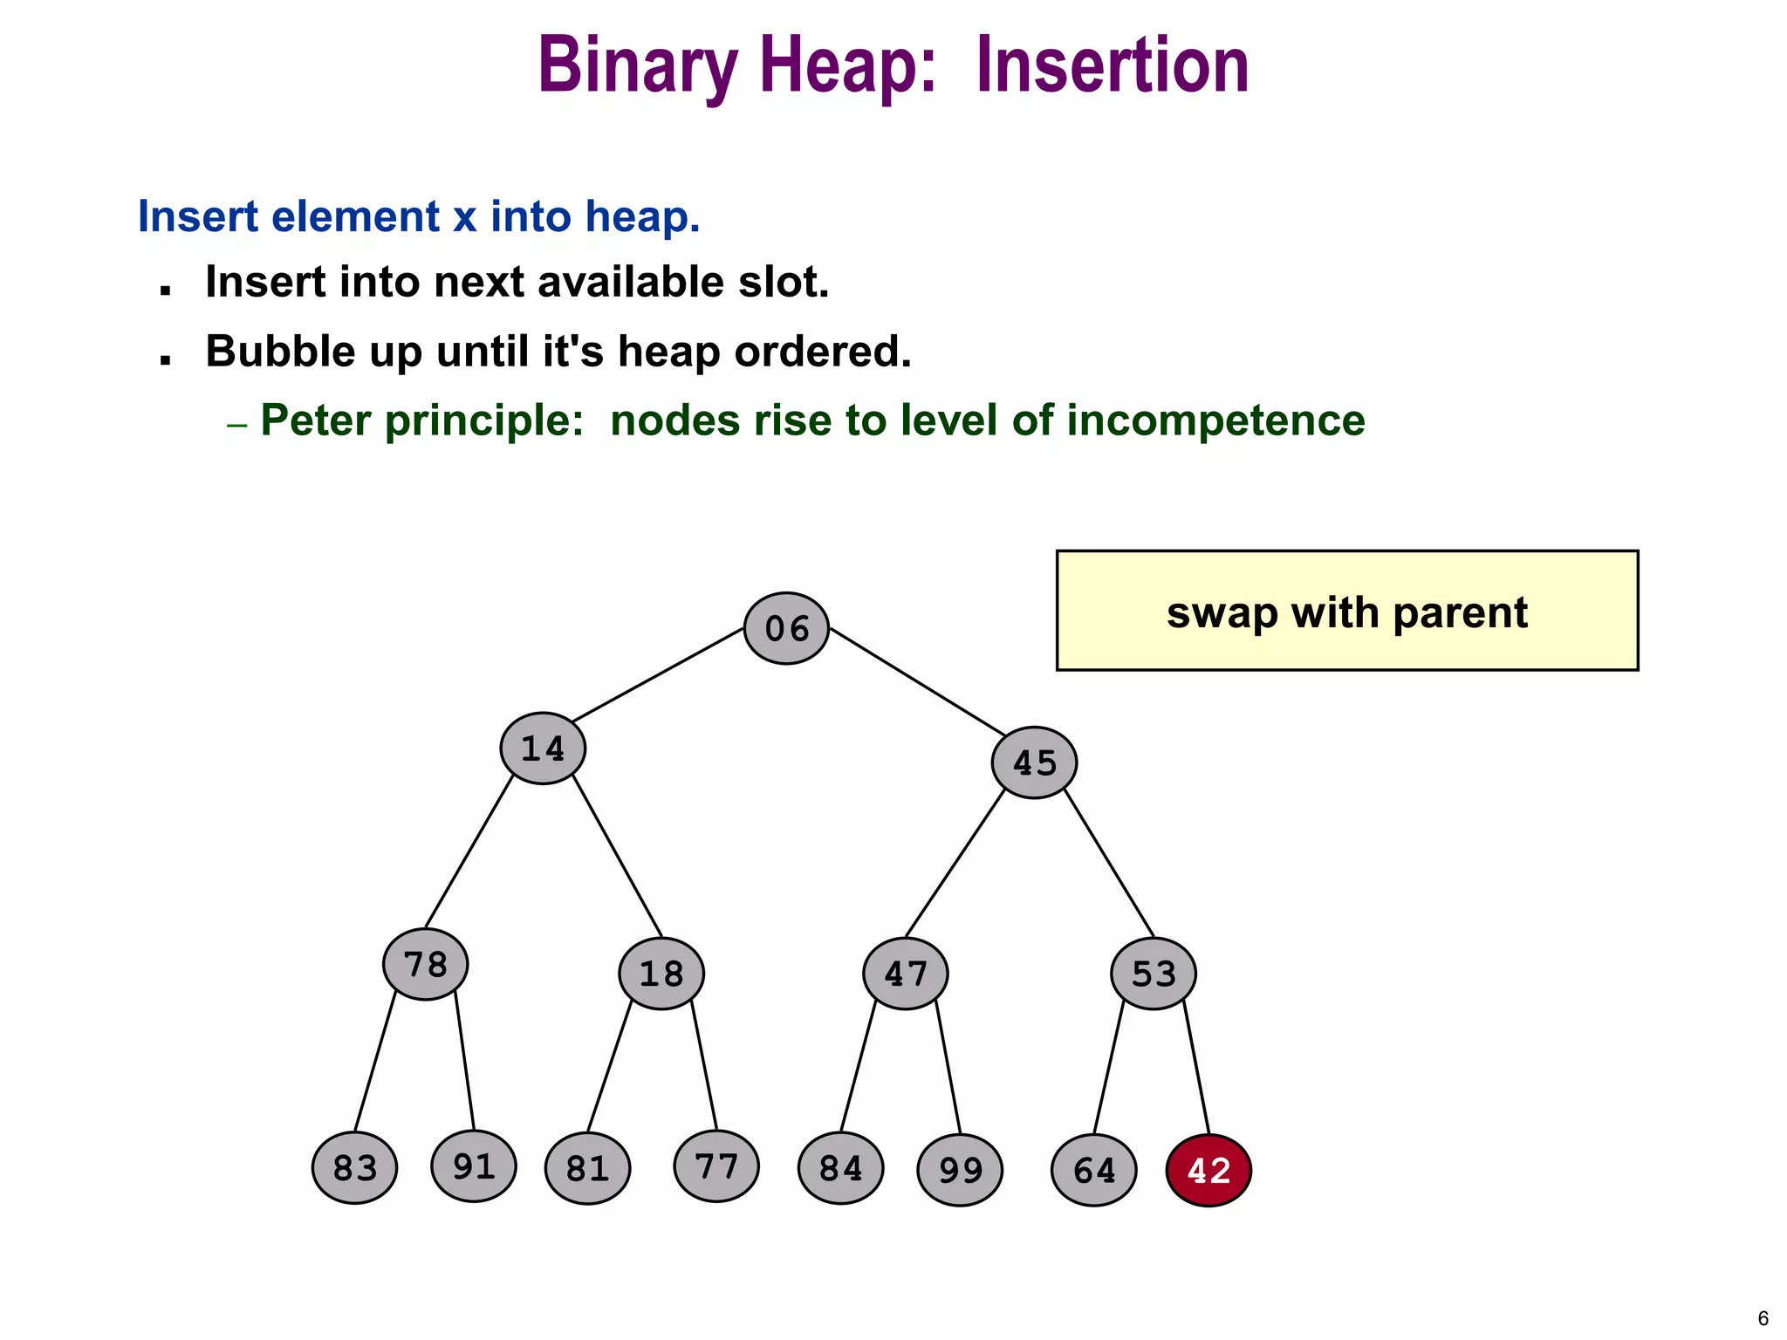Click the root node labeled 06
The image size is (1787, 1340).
point(786,628)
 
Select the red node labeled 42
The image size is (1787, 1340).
point(1208,1170)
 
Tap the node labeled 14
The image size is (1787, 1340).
point(543,749)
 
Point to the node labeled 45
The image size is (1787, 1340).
point(1034,762)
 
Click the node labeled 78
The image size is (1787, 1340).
point(426,964)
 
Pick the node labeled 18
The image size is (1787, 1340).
point(661,974)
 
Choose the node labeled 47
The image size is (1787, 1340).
point(906,974)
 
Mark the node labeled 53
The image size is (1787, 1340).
point(1154,974)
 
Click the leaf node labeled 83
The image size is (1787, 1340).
point(355,1167)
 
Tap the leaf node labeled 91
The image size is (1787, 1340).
point(474,1166)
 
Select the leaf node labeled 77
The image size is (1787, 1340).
point(716,1166)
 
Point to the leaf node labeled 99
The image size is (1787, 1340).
point(960,1170)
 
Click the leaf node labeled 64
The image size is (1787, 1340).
point(1094,1170)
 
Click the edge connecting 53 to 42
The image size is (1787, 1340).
point(1196,1068)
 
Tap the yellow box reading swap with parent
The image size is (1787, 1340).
point(1346,611)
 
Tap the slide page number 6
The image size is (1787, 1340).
point(1763,1318)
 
